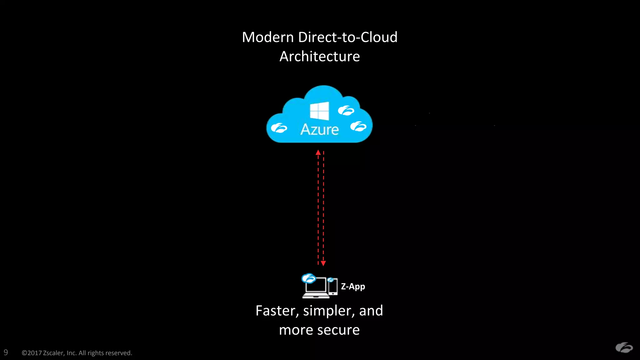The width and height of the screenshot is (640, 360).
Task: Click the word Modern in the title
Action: click(x=268, y=37)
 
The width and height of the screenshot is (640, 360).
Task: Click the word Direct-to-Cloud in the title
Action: click(x=348, y=37)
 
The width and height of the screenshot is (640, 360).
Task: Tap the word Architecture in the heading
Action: click(x=319, y=57)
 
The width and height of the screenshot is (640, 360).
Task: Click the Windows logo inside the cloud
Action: click(x=319, y=111)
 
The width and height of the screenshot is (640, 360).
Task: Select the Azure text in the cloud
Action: click(x=319, y=129)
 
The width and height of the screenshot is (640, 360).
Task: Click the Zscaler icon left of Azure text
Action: click(x=279, y=128)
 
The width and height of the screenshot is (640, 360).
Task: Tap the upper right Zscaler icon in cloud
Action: click(x=346, y=110)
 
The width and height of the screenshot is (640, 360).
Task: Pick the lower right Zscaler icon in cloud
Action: click(x=358, y=127)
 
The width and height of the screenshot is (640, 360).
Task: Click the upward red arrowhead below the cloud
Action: click(x=318, y=152)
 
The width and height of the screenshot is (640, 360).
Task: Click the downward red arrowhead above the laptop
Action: click(x=323, y=263)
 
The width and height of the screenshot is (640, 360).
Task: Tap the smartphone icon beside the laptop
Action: click(x=333, y=287)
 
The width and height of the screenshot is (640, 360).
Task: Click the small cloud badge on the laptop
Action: click(x=309, y=278)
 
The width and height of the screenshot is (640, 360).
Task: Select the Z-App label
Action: click(x=353, y=286)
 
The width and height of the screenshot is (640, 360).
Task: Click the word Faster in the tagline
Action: click(x=275, y=311)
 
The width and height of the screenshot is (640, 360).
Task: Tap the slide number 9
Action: click(x=6, y=352)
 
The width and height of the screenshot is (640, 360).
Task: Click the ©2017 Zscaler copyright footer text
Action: click(x=77, y=353)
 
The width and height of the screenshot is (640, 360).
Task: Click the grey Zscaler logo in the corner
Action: click(x=624, y=347)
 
